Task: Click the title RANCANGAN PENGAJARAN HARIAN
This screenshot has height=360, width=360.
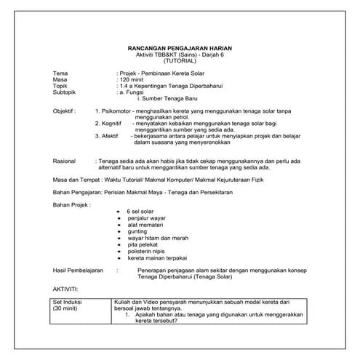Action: pos(179,49)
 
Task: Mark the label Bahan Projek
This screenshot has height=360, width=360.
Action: pos(73,204)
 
